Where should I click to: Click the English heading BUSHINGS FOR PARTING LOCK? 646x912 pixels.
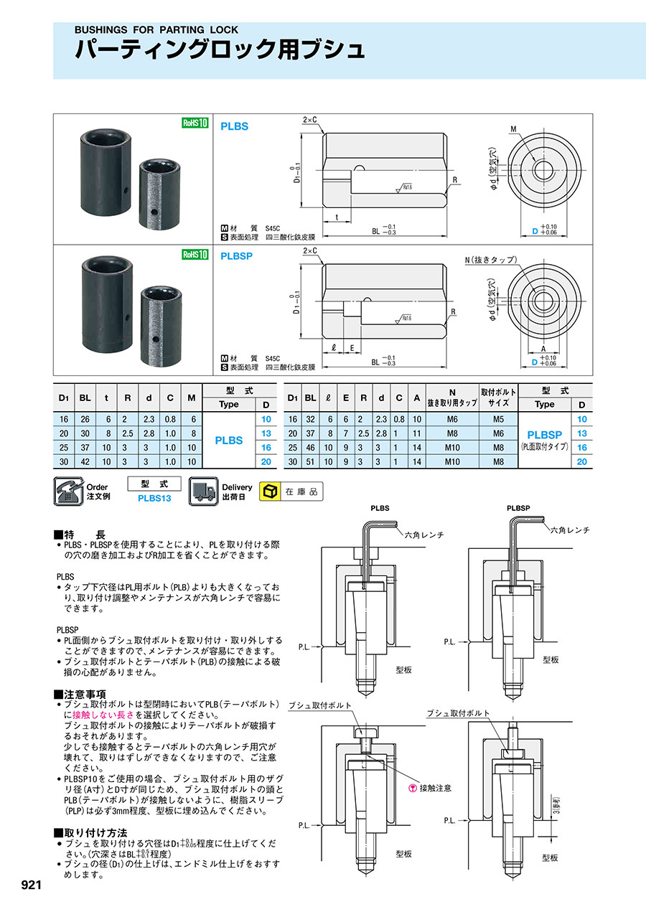click(156, 30)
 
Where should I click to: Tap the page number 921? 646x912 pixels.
click(31, 885)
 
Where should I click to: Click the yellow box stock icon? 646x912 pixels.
click(271, 492)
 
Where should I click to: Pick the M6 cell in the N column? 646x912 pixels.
click(452, 419)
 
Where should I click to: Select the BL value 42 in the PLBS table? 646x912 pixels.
click(85, 462)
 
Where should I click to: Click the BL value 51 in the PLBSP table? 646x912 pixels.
click(311, 462)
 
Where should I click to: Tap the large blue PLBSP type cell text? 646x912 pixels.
click(544, 435)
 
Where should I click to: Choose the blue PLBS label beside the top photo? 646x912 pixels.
click(234, 126)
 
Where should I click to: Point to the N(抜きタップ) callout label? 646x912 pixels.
click(491, 259)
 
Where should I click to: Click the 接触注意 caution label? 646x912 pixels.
click(435, 788)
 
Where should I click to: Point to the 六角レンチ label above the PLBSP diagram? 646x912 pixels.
click(570, 530)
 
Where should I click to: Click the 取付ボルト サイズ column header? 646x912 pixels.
click(497, 398)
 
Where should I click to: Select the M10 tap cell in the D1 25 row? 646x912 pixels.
click(452, 448)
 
